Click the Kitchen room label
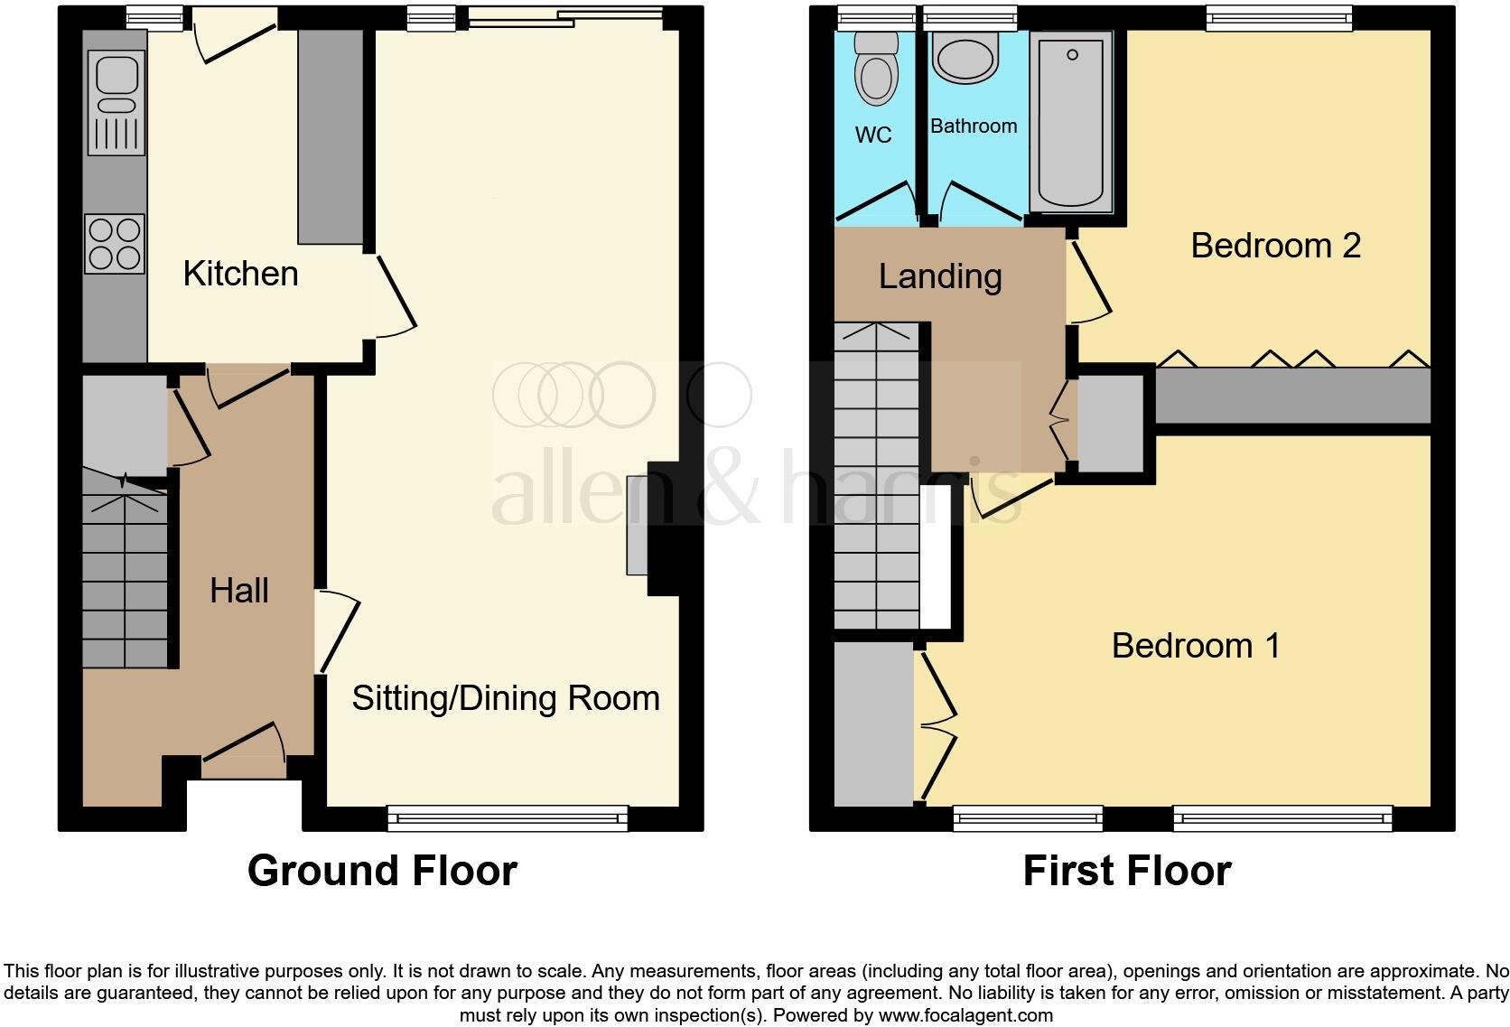(x=240, y=274)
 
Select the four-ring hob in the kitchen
(x=115, y=243)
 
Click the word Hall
(x=239, y=591)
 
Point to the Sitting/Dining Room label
(x=506, y=698)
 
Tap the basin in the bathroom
(x=966, y=58)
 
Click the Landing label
(x=940, y=276)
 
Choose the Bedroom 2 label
(x=1275, y=246)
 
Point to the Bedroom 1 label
(x=1196, y=646)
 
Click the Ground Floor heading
(x=382, y=871)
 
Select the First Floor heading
(x=1127, y=871)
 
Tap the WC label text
(x=873, y=135)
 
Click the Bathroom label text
(x=974, y=126)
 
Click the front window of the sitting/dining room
(x=508, y=818)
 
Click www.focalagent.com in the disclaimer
(x=965, y=1014)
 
